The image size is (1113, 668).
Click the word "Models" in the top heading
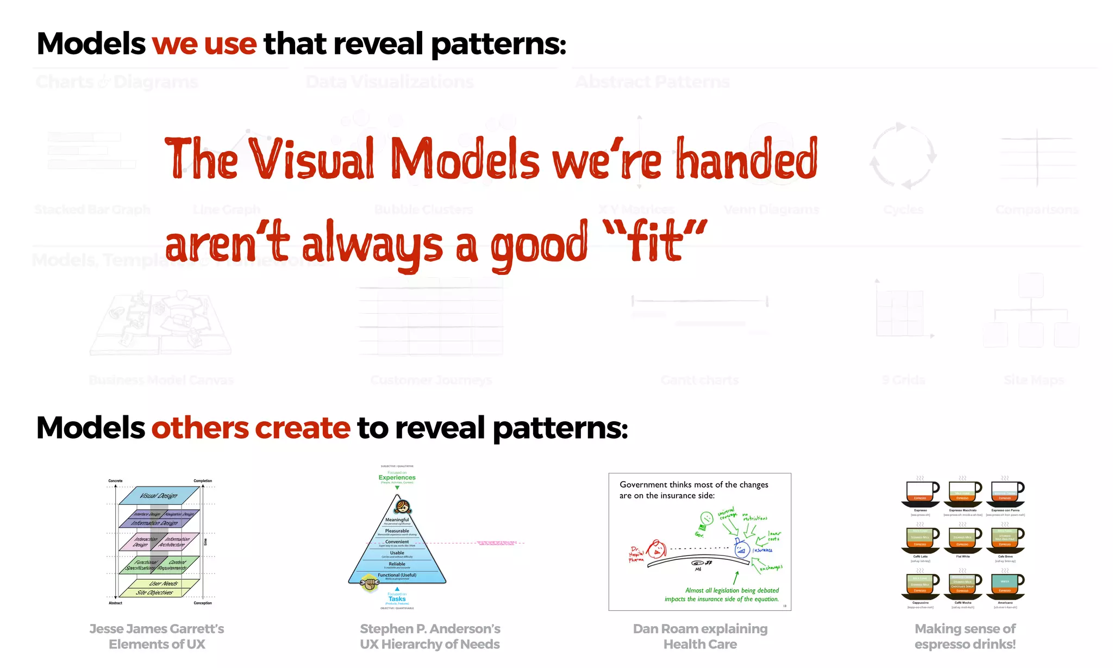coord(91,43)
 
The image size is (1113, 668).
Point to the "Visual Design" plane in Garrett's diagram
coord(159,495)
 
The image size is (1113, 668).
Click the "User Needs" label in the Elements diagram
coord(163,583)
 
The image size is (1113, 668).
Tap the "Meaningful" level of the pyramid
coord(397,520)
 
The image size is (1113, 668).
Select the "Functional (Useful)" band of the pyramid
coord(397,576)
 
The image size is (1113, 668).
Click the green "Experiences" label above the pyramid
coord(397,478)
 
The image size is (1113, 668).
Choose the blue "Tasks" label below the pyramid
coord(397,599)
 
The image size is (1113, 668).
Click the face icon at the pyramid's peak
coord(403,507)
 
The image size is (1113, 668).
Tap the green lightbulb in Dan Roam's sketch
coord(706,519)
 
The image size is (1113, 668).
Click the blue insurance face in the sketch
coord(742,550)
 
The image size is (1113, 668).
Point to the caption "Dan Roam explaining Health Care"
coord(700,636)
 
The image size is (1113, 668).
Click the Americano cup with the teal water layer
coord(1005,585)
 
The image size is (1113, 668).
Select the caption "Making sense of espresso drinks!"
coord(965,636)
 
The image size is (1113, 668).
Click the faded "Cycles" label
coord(903,210)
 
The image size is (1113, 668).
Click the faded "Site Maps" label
coord(1034,380)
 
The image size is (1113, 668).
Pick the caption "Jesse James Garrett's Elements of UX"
coord(157,636)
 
